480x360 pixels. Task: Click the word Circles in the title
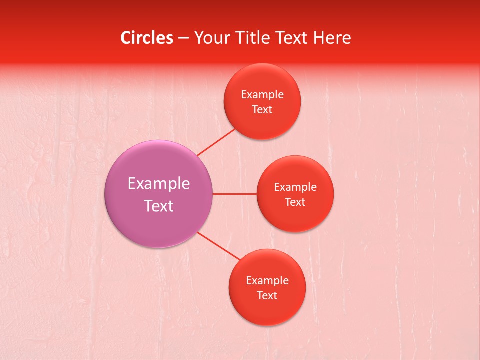click(146, 38)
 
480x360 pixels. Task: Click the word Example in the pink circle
click(159, 184)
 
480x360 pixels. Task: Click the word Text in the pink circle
click(159, 206)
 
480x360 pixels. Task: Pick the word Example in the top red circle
click(262, 95)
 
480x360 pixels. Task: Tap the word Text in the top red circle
click(262, 110)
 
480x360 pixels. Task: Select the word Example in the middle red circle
click(295, 187)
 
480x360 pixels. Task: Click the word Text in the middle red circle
click(295, 202)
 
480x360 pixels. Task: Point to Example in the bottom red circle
click(267, 281)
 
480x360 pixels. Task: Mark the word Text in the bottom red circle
click(267, 296)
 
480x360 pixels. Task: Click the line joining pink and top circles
click(216, 142)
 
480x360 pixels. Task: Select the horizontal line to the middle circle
click(234, 194)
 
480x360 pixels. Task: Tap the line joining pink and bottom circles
click(219, 246)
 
